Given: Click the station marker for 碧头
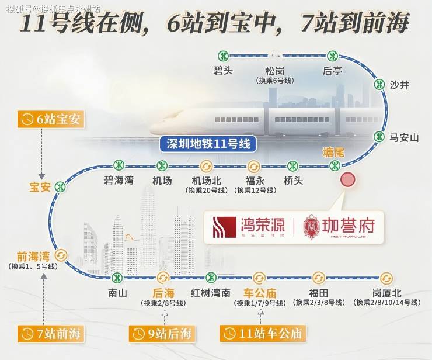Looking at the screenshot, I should coord(223,56).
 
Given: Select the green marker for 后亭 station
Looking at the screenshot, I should coord(332,56).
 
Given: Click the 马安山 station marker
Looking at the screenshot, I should coord(380,137).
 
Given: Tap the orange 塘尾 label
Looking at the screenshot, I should coord(333,152).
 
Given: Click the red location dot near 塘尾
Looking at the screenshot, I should coord(348,180).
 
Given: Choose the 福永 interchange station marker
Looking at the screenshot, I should coord(253,166).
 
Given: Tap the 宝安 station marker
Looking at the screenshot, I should coord(60,187).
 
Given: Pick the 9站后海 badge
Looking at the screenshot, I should coord(162,334).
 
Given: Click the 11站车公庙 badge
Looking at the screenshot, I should coord(262,334).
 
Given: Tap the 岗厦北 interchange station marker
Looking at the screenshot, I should coord(386,278).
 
